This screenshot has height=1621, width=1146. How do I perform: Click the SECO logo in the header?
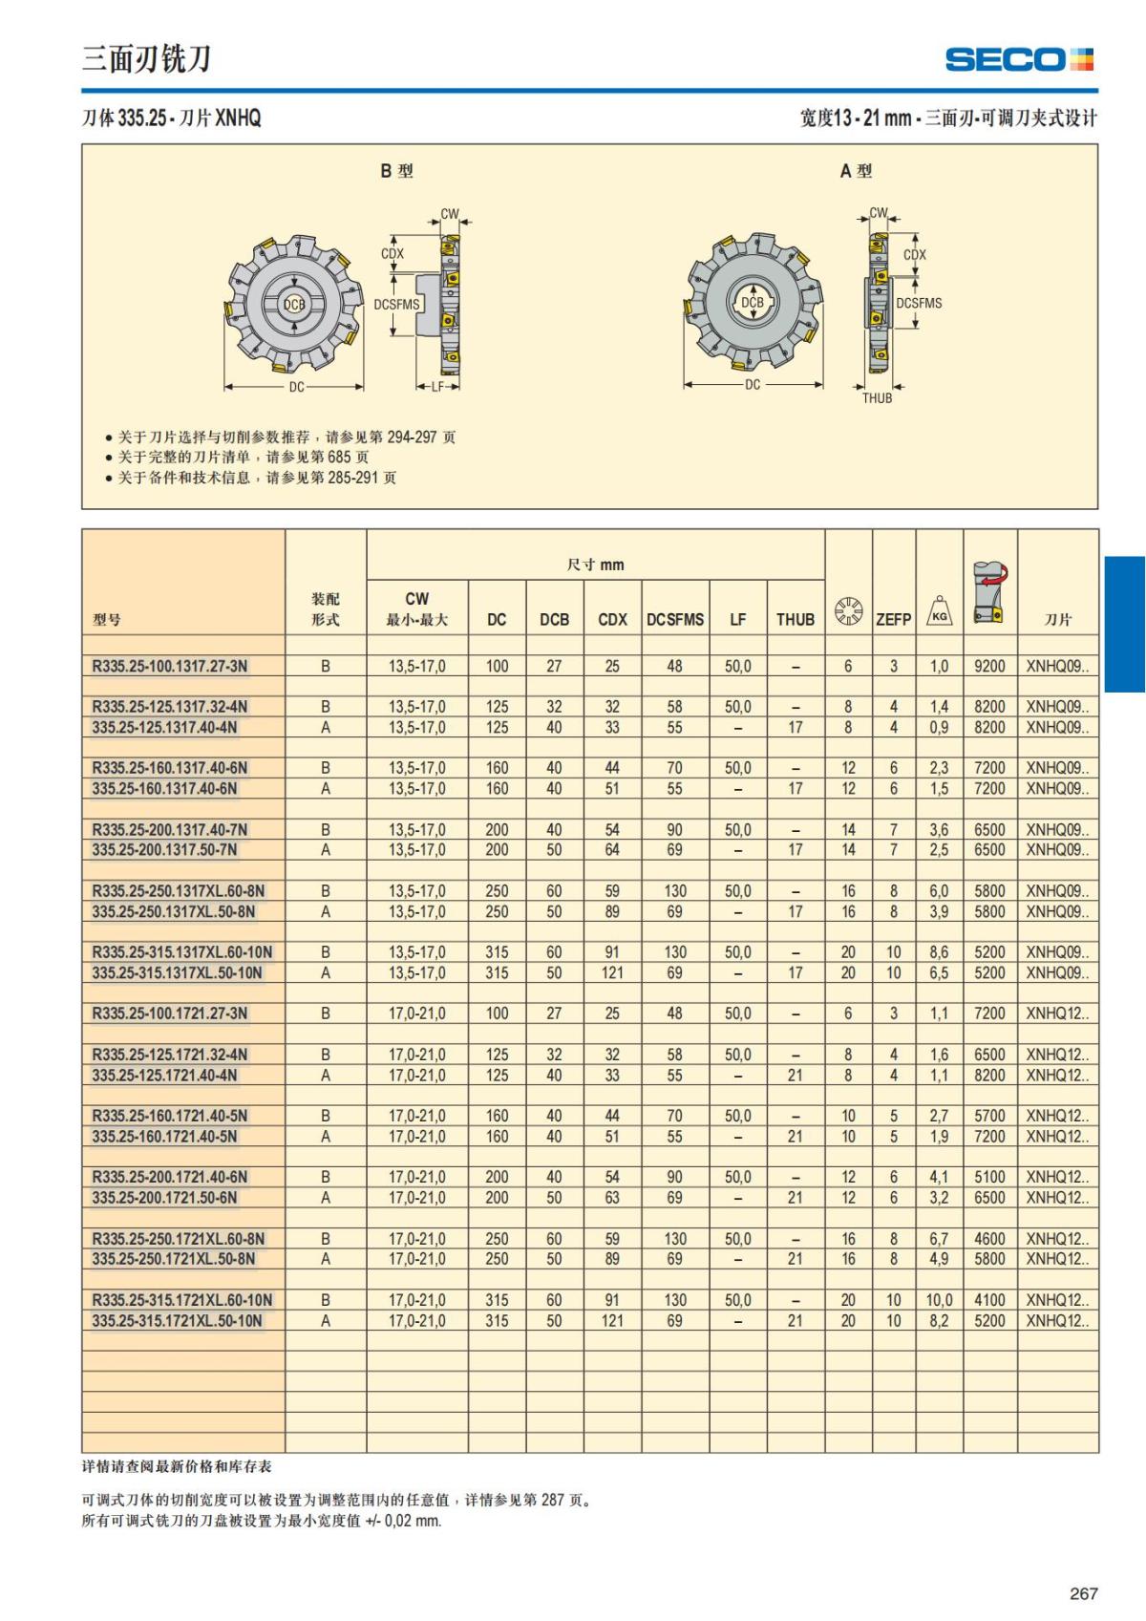[x=1018, y=60]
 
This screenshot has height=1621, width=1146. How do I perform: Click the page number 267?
[x=1084, y=1593]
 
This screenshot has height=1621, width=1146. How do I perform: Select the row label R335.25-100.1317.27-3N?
[x=169, y=666]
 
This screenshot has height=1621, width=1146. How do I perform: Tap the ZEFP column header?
[x=893, y=619]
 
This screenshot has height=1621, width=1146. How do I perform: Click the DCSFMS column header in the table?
[x=674, y=619]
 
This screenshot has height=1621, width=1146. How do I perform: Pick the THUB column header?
[x=795, y=619]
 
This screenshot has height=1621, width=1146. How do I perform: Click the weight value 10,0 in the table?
[x=939, y=1300]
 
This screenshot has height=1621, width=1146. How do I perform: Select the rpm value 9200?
[x=989, y=666]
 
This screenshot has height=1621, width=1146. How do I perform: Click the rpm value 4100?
[x=989, y=1300]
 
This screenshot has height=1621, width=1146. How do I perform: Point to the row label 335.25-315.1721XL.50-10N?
[x=177, y=1321]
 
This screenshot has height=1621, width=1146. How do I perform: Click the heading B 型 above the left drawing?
[x=396, y=171]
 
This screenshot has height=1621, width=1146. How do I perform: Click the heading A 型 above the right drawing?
[x=856, y=171]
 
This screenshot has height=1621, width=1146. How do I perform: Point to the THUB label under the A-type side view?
[x=877, y=398]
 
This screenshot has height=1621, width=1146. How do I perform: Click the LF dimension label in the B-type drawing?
[x=438, y=387]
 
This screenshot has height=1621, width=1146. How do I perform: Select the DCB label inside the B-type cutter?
[x=294, y=305]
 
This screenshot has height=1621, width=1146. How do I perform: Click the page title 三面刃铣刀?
[x=146, y=59]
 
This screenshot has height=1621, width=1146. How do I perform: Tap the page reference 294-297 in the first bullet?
[x=413, y=437]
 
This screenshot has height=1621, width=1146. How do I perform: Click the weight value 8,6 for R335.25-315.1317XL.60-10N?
[x=939, y=952]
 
